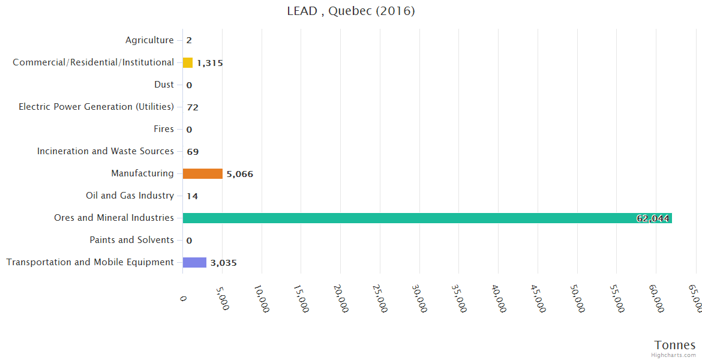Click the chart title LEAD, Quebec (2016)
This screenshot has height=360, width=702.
[x=351, y=11]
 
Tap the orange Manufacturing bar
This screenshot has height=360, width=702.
[x=202, y=173]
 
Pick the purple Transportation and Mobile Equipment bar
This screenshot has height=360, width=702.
[x=194, y=262]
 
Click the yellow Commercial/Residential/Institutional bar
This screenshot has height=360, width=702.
[x=188, y=62]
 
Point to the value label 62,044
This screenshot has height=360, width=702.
[x=653, y=218]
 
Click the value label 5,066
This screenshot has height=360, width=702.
[x=240, y=174]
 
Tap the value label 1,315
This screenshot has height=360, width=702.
[x=210, y=63]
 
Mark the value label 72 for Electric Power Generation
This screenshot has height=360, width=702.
[x=193, y=107]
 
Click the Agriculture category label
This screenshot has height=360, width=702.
[x=149, y=40]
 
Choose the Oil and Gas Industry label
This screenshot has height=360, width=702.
[x=130, y=196]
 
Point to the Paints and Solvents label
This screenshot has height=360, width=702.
[x=132, y=240]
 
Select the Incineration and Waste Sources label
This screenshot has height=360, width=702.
[x=106, y=151]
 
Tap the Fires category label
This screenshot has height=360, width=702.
[x=164, y=129]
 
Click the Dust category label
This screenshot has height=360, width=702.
[x=164, y=85]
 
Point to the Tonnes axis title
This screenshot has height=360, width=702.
[x=675, y=344]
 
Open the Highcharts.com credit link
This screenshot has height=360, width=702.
[x=674, y=355]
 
